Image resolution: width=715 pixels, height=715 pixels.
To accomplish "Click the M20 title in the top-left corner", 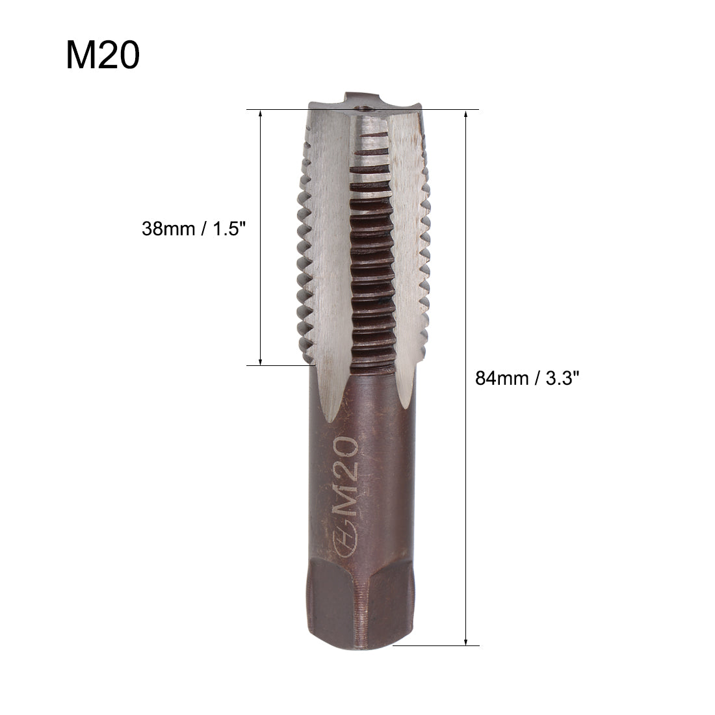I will tap(102, 55).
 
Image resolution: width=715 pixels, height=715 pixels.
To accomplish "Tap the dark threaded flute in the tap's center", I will tap(372, 273).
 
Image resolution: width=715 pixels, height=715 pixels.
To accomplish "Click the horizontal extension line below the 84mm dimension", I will tap(435, 646).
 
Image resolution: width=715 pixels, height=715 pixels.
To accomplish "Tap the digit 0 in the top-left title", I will tap(128, 55).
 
